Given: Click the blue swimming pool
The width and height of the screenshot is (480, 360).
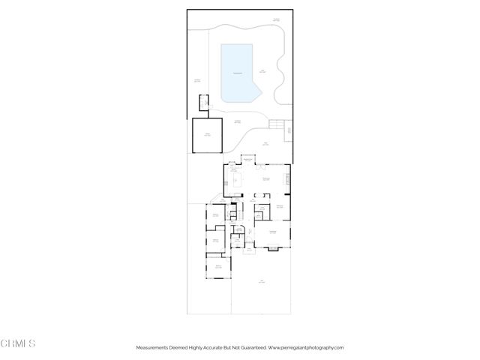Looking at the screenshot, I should coord(238,73).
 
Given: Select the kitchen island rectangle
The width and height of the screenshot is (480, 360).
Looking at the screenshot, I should coord(235,179).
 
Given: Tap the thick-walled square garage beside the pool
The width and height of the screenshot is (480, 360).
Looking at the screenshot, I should coord(208,135).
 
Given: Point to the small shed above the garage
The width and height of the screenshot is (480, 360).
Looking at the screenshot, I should coord(203,103).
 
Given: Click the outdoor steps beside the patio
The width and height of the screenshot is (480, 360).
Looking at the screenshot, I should coord(279,124).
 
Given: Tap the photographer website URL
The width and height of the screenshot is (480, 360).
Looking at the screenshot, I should coord(305,347).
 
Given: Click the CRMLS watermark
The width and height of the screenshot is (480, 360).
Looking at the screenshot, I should coord(19,343).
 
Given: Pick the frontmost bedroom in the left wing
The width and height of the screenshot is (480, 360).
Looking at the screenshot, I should coord(218,268).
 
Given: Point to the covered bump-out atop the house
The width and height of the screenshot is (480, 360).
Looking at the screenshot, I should coord(247,160).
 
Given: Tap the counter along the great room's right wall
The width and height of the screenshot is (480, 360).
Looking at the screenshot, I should coord(287,179).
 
